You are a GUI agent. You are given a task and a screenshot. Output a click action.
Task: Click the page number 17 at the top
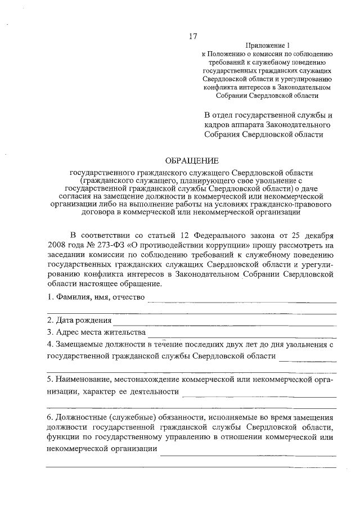click(192, 37)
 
